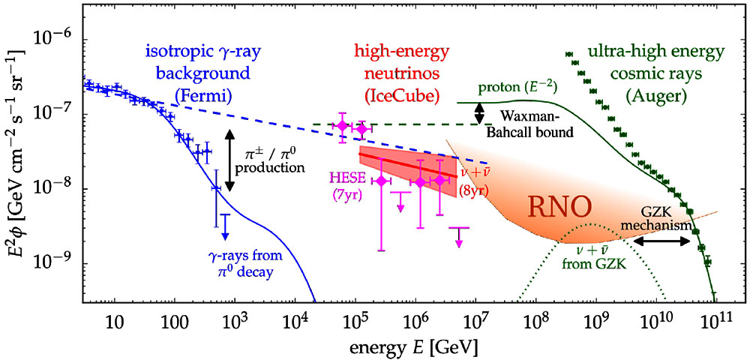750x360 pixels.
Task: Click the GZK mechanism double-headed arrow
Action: (662, 241)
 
